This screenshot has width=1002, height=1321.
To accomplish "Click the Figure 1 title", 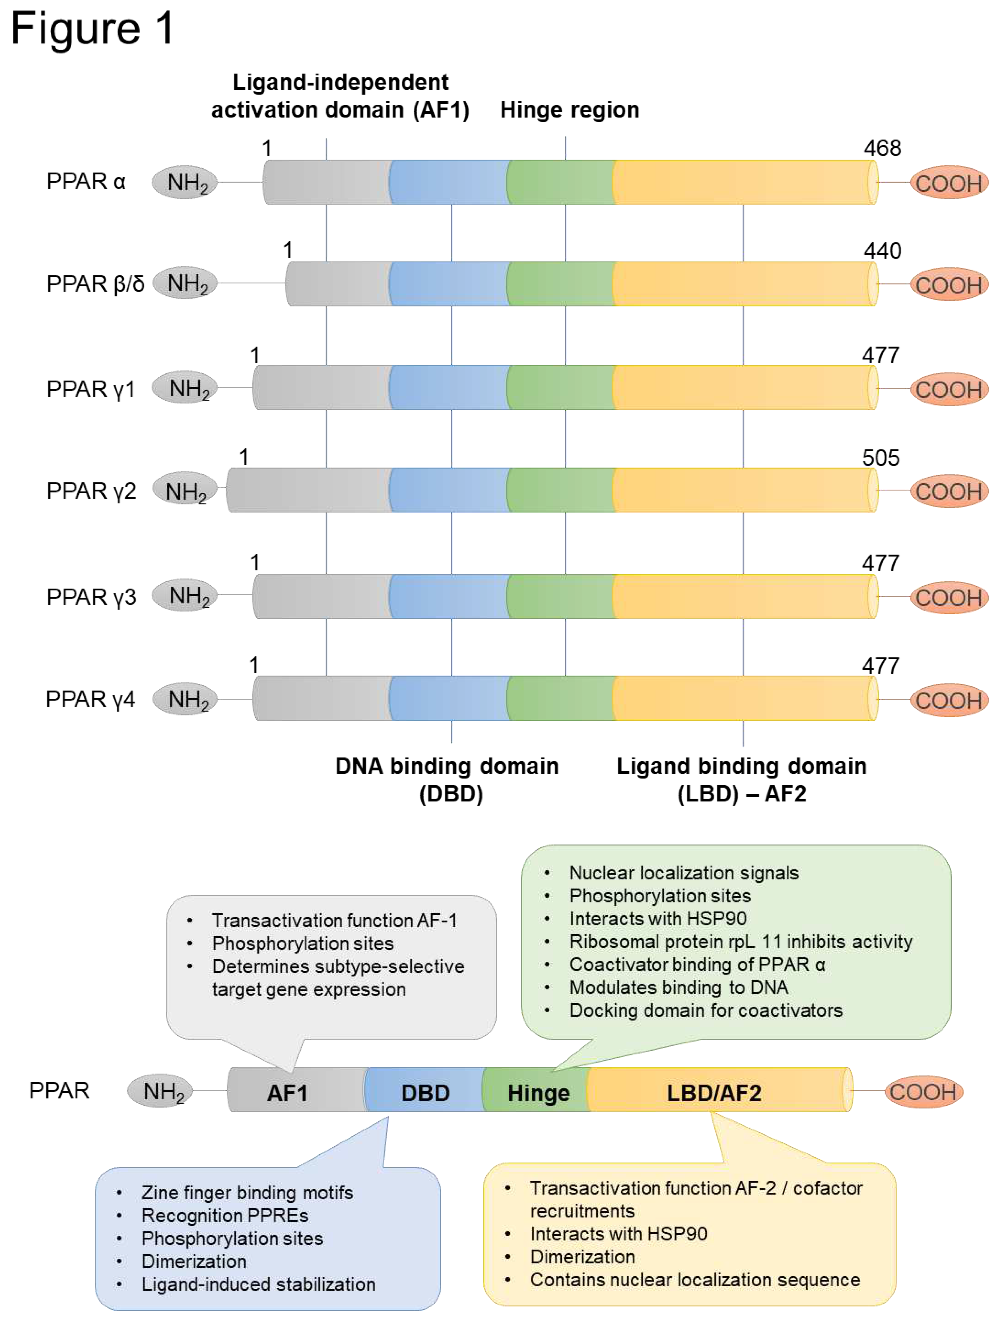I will pyautogui.click(x=92, y=29).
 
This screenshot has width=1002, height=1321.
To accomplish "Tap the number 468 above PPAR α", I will pyautogui.click(x=882, y=148).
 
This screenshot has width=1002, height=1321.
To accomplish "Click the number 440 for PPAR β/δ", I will pyautogui.click(x=882, y=251).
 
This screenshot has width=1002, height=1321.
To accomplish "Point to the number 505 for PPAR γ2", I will pyautogui.click(x=880, y=458).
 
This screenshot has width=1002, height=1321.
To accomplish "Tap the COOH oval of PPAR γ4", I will pyautogui.click(x=948, y=700).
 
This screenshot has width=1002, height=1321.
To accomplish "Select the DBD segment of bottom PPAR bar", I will pyautogui.click(x=425, y=1093).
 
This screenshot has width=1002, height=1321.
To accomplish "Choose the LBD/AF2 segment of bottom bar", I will pyautogui.click(x=714, y=1093).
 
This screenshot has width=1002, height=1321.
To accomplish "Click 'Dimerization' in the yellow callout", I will pyautogui.click(x=582, y=1256).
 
